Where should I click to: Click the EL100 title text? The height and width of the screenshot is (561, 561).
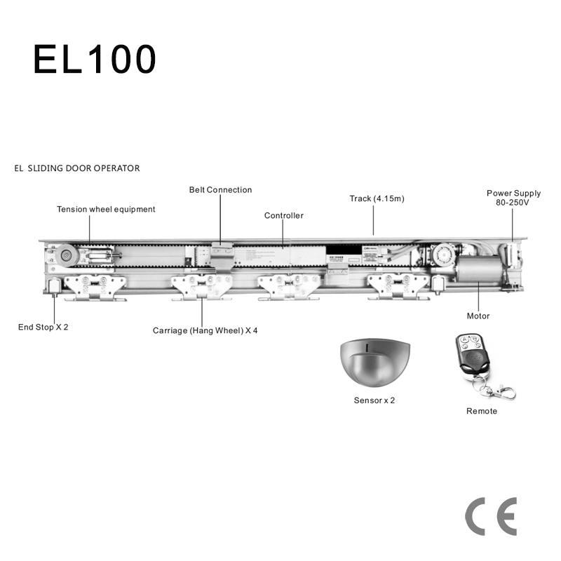click(94, 60)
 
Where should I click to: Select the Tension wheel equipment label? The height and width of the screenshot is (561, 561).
click(106, 209)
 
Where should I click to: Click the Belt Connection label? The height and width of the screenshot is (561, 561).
click(220, 190)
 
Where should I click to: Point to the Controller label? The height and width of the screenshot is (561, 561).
click(284, 215)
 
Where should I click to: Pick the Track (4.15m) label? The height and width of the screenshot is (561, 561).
click(377, 198)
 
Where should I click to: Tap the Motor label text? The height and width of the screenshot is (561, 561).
click(478, 316)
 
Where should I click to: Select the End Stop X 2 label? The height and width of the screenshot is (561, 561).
click(43, 327)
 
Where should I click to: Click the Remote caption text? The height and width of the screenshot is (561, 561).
click(482, 411)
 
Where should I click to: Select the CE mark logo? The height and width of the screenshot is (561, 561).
click(491, 518)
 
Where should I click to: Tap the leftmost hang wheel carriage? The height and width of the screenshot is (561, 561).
click(95, 288)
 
